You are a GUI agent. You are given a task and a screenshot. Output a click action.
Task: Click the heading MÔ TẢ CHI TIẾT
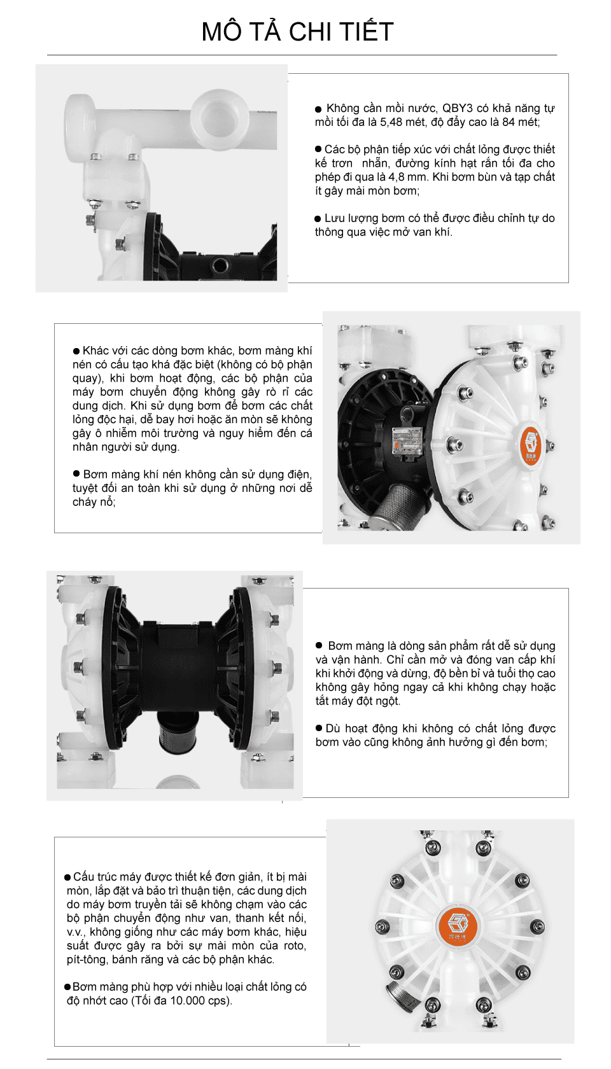pyautogui.click(x=297, y=32)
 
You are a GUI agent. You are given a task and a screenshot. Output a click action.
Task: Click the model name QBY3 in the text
pyautogui.click(x=458, y=108)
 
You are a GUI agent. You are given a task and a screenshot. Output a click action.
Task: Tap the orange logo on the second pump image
pyautogui.click(x=530, y=444)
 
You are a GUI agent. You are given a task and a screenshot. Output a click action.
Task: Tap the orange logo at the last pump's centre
pyautogui.click(x=457, y=925)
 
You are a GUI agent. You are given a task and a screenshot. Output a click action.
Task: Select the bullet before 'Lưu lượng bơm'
pyautogui.click(x=318, y=219)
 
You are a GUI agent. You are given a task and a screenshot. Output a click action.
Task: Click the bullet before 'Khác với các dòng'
pyautogui.click(x=76, y=351)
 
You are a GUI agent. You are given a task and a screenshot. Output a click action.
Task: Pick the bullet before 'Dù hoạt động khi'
pyautogui.click(x=320, y=728)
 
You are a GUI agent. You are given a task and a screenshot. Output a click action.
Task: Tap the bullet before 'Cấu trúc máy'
pyautogui.click(x=67, y=877)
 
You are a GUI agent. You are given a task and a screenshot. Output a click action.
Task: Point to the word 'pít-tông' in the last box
pyautogui.click(x=86, y=960)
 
